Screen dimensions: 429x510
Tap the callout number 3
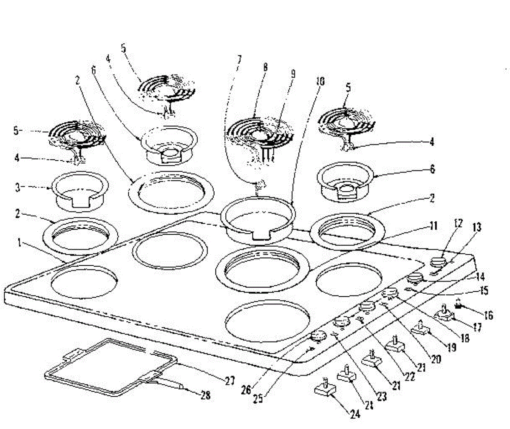pos(17,188)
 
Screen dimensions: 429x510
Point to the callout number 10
pos(320,82)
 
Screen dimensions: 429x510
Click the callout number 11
pos(433,226)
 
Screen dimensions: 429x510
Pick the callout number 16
pos(488,315)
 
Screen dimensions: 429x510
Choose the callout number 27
pos(229,381)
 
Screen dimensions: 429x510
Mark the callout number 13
pos(477,227)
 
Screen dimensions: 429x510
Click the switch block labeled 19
pos(420,330)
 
